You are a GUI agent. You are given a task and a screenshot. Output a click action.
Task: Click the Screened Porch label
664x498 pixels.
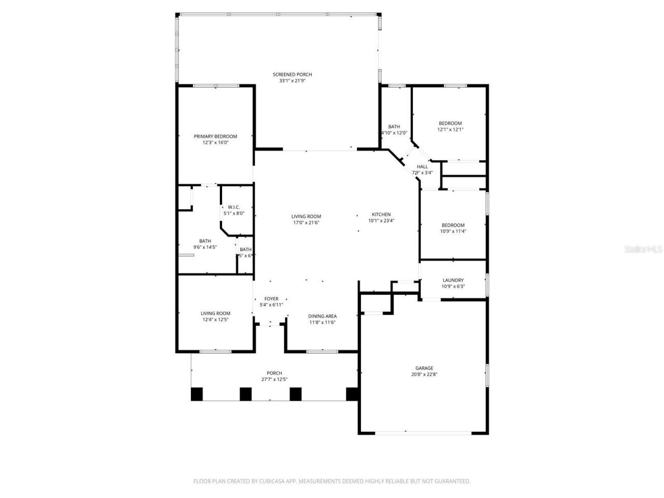pos(292,75)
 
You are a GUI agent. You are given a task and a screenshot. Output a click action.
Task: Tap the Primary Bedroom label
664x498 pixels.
pos(215,136)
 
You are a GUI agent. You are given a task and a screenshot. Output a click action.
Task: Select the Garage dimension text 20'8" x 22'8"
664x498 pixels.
pos(424,374)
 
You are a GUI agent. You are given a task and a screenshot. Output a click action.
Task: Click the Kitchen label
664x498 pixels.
pos(381,214)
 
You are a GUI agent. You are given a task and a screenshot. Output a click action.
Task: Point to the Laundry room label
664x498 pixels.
pos(453,280)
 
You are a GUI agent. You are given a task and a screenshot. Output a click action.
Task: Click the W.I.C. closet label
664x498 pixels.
pos(233,207)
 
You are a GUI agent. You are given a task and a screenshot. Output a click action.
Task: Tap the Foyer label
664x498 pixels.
pos(271,299)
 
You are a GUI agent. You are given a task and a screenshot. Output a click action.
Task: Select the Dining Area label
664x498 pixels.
pos(323,316)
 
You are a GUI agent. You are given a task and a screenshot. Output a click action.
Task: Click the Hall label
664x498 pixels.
pos(422,167)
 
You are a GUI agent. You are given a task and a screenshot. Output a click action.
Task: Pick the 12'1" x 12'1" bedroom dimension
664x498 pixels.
pos(450,130)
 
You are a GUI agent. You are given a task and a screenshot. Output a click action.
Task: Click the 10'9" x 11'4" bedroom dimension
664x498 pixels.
pos(453,231)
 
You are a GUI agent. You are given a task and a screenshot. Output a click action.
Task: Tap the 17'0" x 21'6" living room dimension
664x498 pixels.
pos(306,223)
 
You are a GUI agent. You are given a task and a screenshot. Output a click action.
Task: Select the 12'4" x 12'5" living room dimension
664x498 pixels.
pos(215,320)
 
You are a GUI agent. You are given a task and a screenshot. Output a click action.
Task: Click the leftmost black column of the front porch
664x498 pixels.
pos(197,394)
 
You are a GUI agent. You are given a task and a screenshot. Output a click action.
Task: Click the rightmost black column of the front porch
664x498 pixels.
pos(352,394)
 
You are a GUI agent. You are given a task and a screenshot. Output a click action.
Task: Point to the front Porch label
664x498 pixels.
pos(274,373)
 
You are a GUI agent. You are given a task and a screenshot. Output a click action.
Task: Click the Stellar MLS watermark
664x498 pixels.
pos(643,249)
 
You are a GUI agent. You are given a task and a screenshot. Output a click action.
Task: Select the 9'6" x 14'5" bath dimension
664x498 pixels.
pos(205,247)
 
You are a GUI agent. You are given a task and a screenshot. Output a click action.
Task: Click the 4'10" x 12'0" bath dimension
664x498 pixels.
pos(394,133)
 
